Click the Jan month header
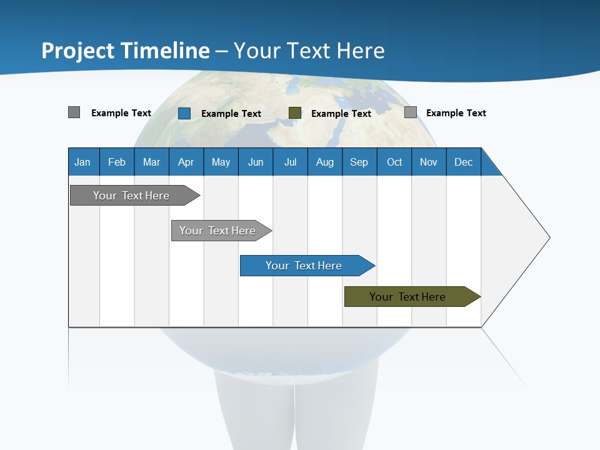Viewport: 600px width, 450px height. click(x=82, y=162)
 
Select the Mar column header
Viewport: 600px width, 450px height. click(x=151, y=162)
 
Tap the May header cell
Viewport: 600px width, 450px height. click(x=221, y=162)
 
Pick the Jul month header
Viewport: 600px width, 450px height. click(x=290, y=162)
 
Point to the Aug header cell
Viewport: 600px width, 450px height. click(x=324, y=162)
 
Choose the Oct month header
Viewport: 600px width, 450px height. click(x=394, y=162)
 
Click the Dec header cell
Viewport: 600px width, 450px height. click(x=463, y=162)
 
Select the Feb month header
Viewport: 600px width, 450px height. click(x=117, y=162)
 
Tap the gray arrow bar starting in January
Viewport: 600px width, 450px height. click(x=132, y=196)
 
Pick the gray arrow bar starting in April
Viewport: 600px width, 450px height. click(x=218, y=231)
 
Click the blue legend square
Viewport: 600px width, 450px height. click(x=184, y=113)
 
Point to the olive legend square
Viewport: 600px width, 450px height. click(x=295, y=113)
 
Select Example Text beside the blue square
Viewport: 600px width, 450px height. click(x=231, y=114)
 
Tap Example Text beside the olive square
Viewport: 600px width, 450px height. click(x=341, y=114)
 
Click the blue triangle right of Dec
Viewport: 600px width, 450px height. click(x=489, y=166)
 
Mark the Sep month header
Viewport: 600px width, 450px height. click(x=359, y=162)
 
